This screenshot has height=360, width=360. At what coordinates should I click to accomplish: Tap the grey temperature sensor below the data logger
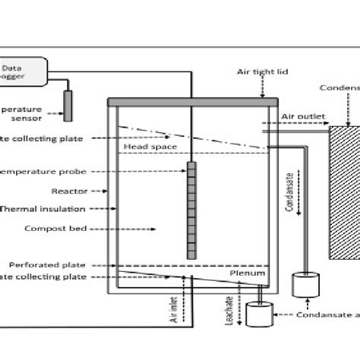pyautogui.click(x=68, y=104)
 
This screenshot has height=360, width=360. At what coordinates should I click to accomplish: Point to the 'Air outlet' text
pyautogui.click(x=304, y=118)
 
